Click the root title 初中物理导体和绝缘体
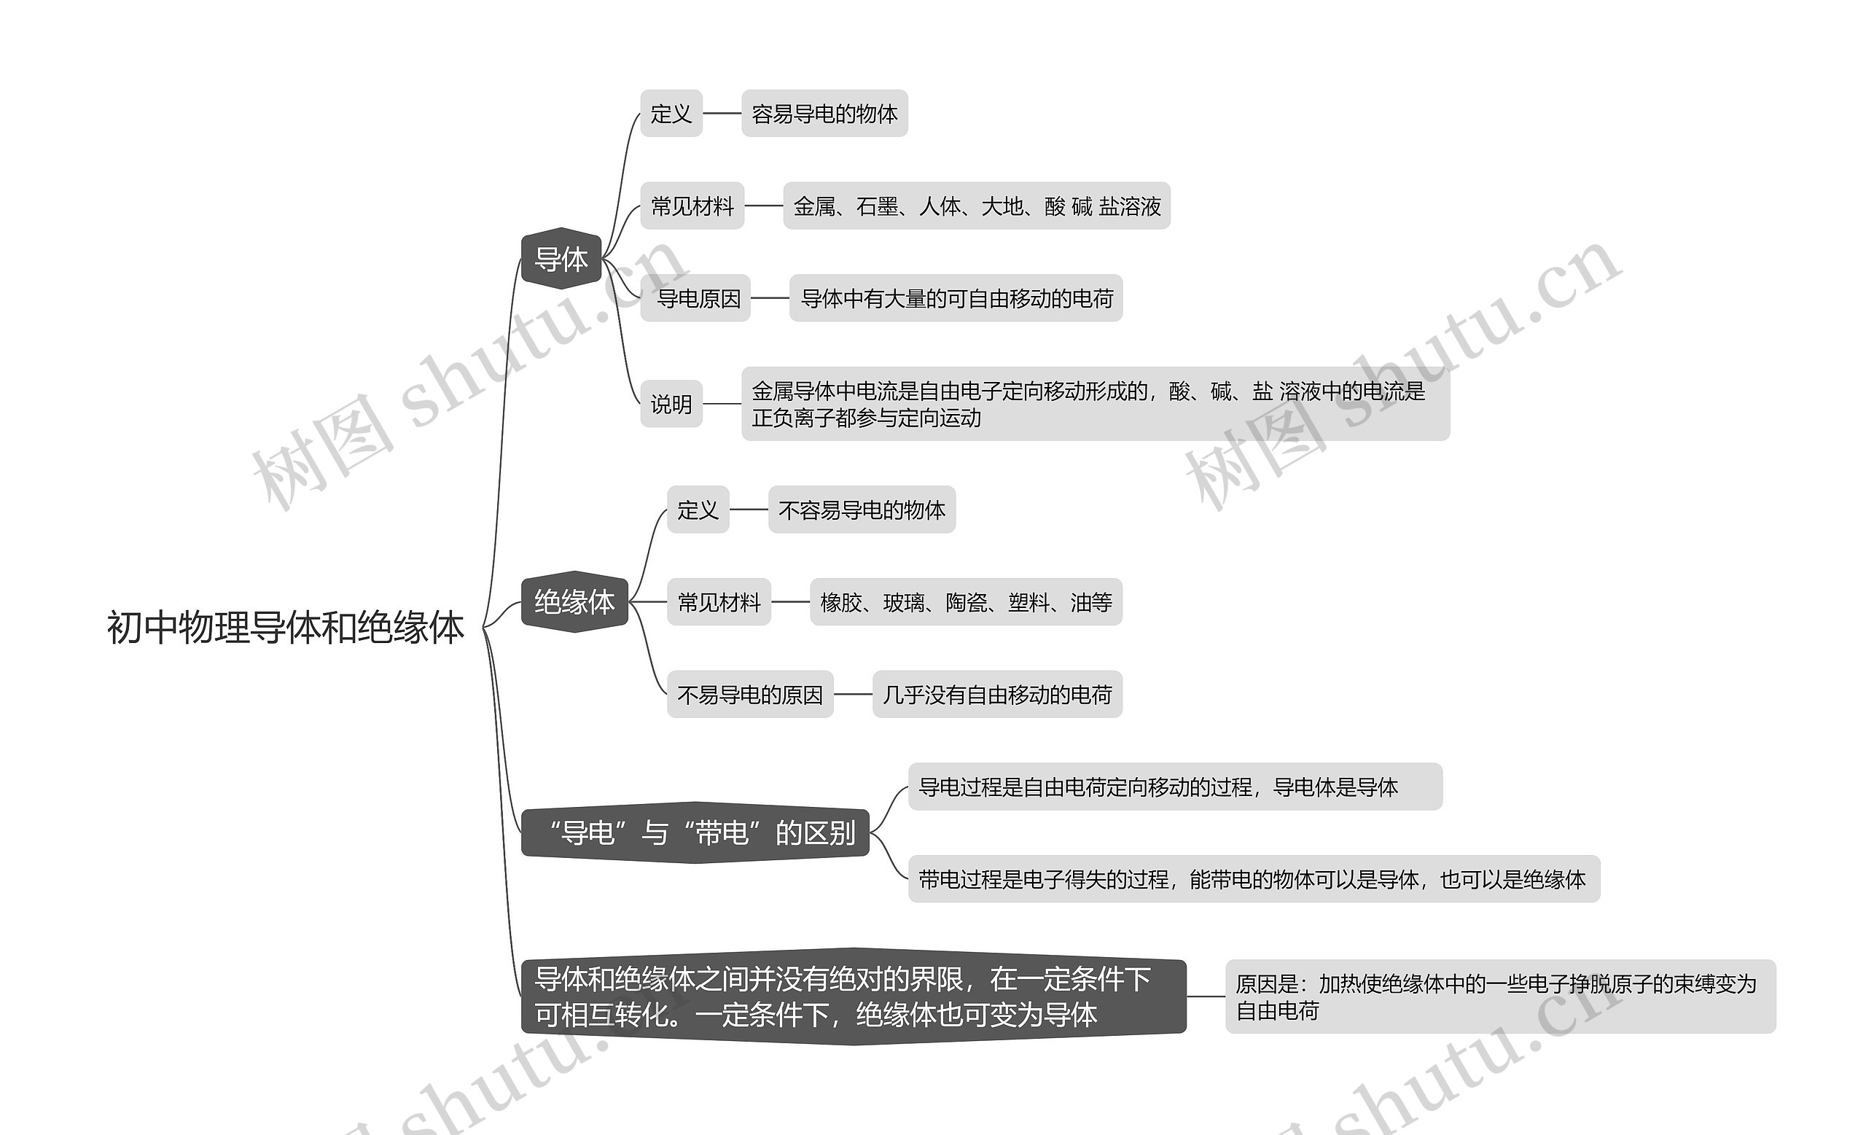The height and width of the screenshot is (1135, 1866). (285, 627)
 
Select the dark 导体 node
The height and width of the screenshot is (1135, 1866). (561, 259)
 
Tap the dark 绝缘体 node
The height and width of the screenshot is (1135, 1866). (574, 602)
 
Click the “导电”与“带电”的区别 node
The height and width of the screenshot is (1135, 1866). (695, 833)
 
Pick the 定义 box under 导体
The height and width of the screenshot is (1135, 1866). (671, 114)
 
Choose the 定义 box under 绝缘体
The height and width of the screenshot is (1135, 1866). (698, 510)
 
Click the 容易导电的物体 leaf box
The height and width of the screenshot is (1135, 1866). (824, 114)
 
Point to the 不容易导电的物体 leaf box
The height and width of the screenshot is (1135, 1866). (862, 510)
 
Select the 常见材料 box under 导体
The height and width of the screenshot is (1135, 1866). (692, 206)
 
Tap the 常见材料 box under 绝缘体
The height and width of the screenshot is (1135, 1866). (719, 602)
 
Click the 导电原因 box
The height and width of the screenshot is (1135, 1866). (696, 298)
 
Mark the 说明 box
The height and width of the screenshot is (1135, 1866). (671, 405)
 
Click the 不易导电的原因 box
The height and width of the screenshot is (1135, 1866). (750, 694)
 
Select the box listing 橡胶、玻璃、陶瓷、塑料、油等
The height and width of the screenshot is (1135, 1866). (966, 602)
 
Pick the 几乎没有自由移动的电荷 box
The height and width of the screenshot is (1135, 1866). (996, 694)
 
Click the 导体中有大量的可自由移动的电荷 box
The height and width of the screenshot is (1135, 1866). (956, 298)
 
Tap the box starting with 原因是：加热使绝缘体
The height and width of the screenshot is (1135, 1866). (1499, 996)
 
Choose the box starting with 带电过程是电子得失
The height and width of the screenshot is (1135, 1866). (1253, 879)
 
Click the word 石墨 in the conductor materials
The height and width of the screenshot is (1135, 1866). (877, 206)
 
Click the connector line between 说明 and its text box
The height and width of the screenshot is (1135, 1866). (722, 405)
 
